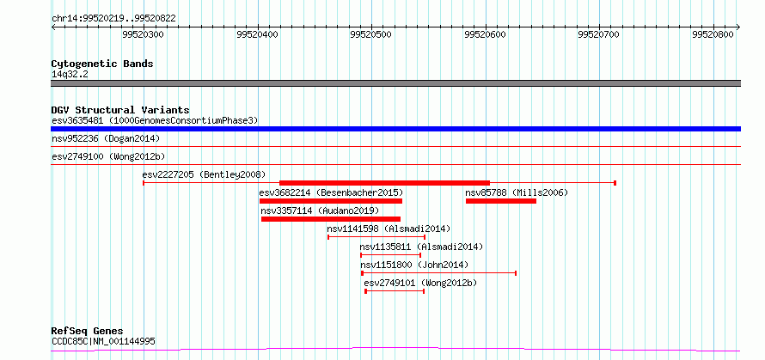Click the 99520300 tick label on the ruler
(x=143, y=34)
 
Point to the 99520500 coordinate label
(x=370, y=34)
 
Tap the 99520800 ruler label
(x=713, y=34)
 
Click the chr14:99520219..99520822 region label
(x=113, y=19)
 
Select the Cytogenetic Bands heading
(x=102, y=64)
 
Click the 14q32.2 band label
(x=70, y=75)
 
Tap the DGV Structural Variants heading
(x=120, y=110)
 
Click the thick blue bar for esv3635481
(x=395, y=129)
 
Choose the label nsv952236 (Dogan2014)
(x=106, y=139)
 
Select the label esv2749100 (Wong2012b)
(x=108, y=156)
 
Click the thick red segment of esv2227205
(x=384, y=182)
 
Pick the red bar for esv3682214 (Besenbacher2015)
(x=331, y=201)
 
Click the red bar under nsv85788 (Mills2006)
(x=501, y=201)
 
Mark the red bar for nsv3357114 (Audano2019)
(x=331, y=219)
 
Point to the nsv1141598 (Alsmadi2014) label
(x=389, y=229)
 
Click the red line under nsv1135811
(x=390, y=254)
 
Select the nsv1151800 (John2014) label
(x=413, y=265)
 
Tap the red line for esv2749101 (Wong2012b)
(x=395, y=291)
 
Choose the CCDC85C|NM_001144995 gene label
(x=103, y=341)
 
